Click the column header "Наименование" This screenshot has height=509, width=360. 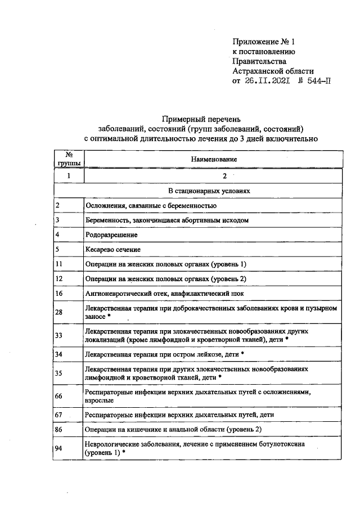(213, 160)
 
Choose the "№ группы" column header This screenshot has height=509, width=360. (68, 159)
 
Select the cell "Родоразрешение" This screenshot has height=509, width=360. (111, 235)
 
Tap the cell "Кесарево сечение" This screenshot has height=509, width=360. (113, 249)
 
